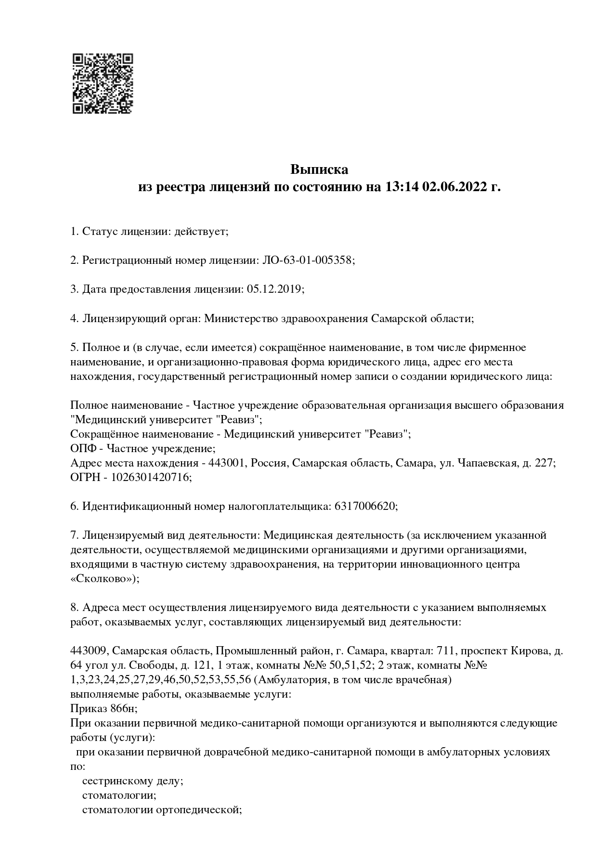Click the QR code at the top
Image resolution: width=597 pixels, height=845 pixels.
[103, 83]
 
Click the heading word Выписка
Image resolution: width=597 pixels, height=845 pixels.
[319, 169]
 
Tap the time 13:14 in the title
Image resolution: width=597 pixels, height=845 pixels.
[401, 187]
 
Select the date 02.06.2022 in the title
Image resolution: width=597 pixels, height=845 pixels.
[454, 187]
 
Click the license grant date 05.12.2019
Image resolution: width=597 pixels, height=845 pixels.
[274, 289]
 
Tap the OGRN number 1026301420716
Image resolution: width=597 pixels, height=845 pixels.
[151, 477]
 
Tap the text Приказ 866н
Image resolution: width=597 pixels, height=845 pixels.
[103, 709]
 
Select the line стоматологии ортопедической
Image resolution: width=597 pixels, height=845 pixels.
[161, 810]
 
